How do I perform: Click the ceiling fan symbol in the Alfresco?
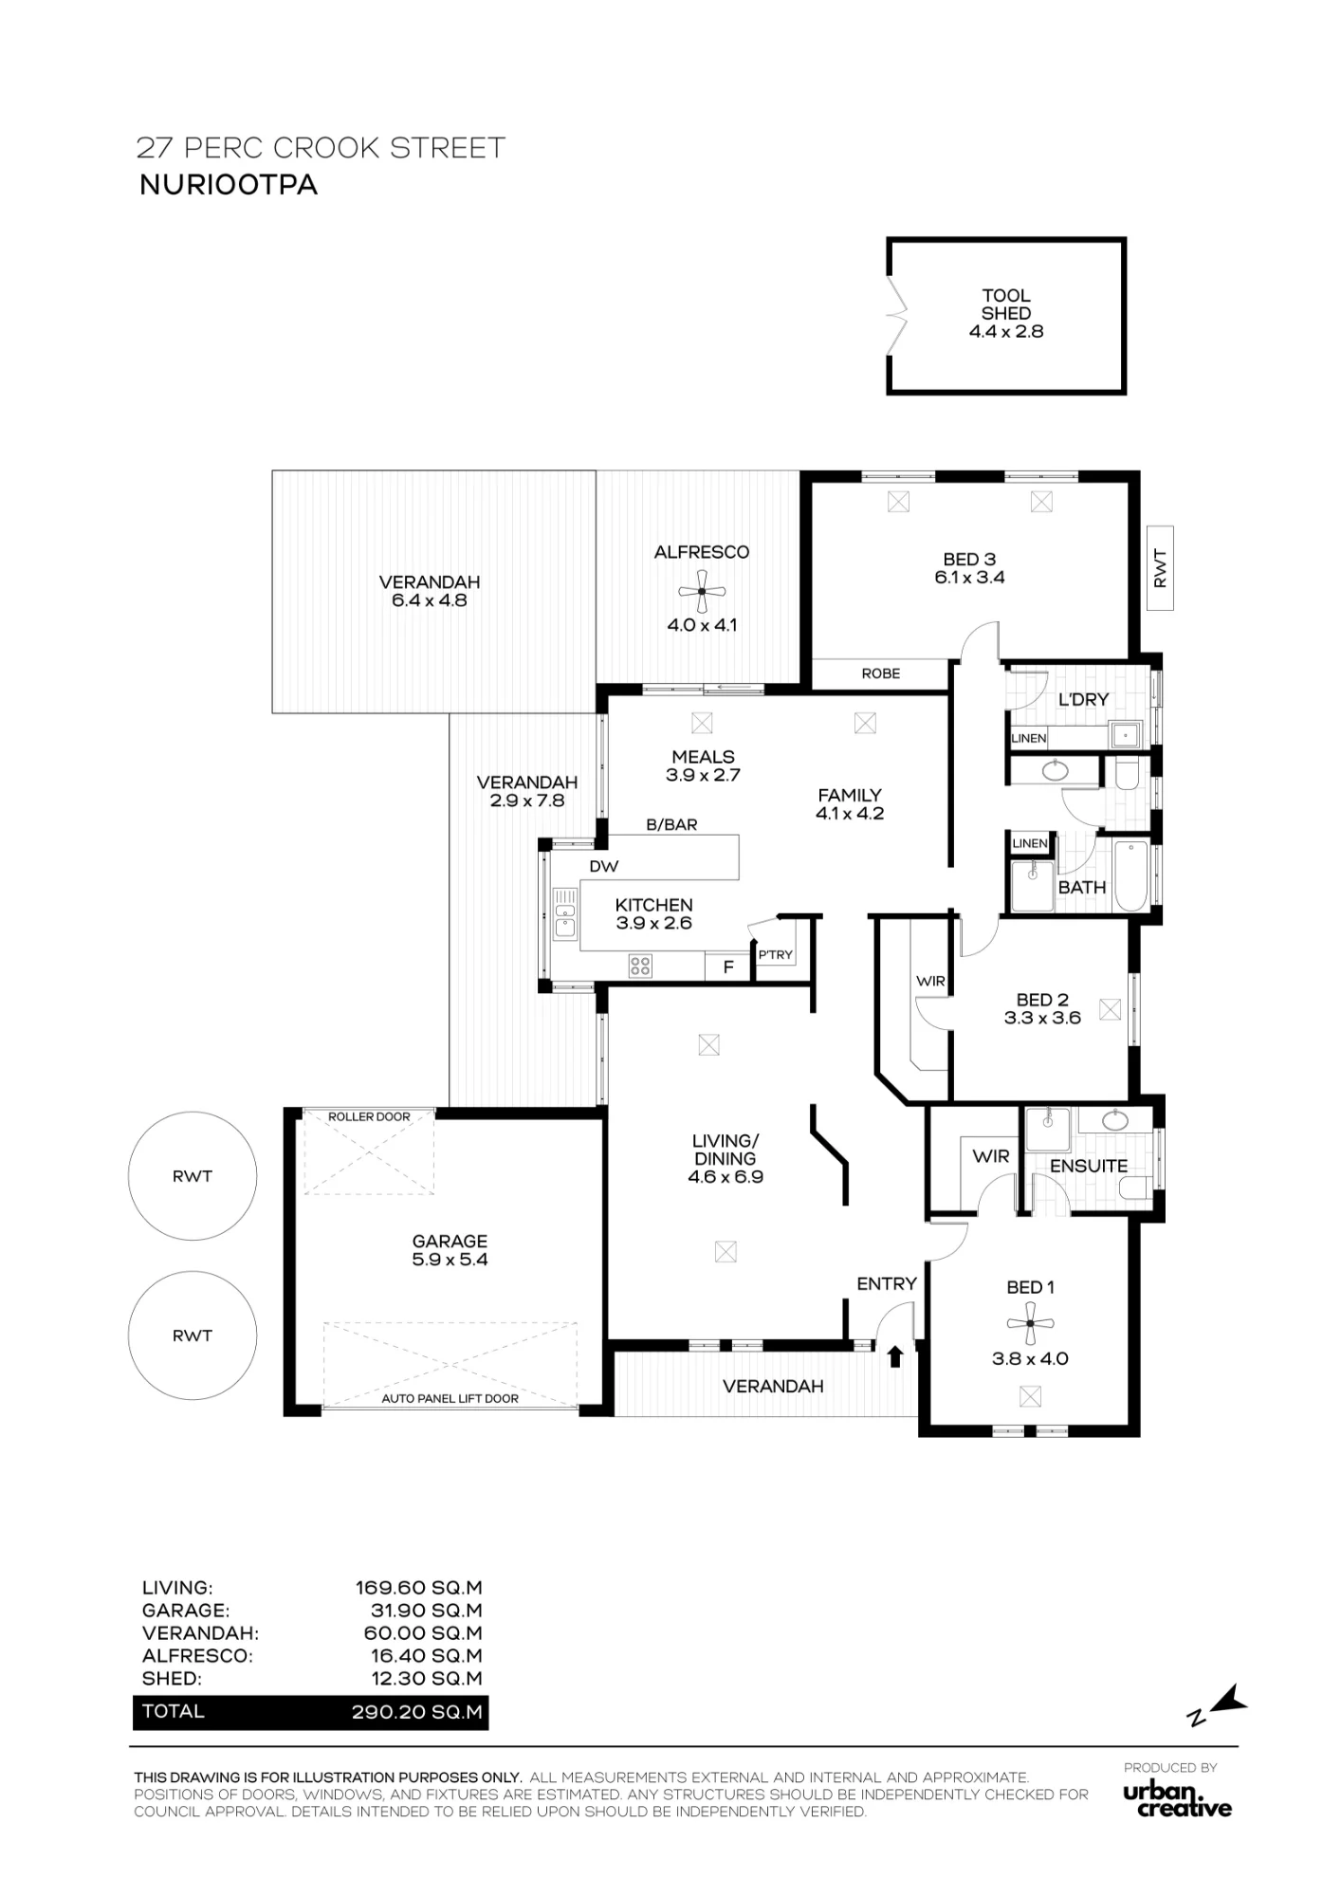[x=702, y=592]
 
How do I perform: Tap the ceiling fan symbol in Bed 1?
[x=1030, y=1323]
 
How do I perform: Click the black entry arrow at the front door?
[x=894, y=1356]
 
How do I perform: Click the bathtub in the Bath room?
[x=1131, y=875]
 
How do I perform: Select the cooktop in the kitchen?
[x=640, y=967]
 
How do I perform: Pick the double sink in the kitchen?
[x=565, y=913]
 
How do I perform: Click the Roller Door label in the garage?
[x=369, y=1116]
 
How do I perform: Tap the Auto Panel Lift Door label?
[x=450, y=1398]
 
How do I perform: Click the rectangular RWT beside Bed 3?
[x=1160, y=568]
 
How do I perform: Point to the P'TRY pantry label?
[x=775, y=955]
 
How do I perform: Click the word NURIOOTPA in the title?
[x=229, y=184]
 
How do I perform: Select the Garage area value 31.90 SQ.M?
[x=426, y=1611]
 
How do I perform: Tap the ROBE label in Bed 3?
[x=881, y=673]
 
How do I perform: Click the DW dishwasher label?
[x=604, y=866]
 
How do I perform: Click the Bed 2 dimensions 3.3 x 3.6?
[x=1042, y=1018]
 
